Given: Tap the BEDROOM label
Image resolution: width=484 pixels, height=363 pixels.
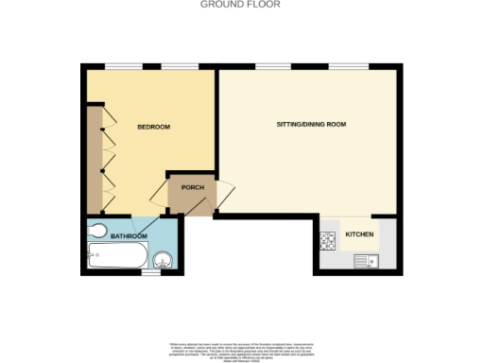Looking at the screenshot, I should pos(153,127).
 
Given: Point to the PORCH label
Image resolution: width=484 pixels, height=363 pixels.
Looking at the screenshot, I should pos(193,187).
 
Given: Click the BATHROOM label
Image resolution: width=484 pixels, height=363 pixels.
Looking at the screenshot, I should pos(130,235).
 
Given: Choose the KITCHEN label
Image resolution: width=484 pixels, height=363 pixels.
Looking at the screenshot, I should pos(359,233).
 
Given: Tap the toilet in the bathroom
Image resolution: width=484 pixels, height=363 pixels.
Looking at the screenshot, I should pos(98,231).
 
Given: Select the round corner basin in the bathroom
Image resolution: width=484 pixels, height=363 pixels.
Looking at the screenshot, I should pos(163,259).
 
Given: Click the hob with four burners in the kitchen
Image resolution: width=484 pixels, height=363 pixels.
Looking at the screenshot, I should pos(330,241).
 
